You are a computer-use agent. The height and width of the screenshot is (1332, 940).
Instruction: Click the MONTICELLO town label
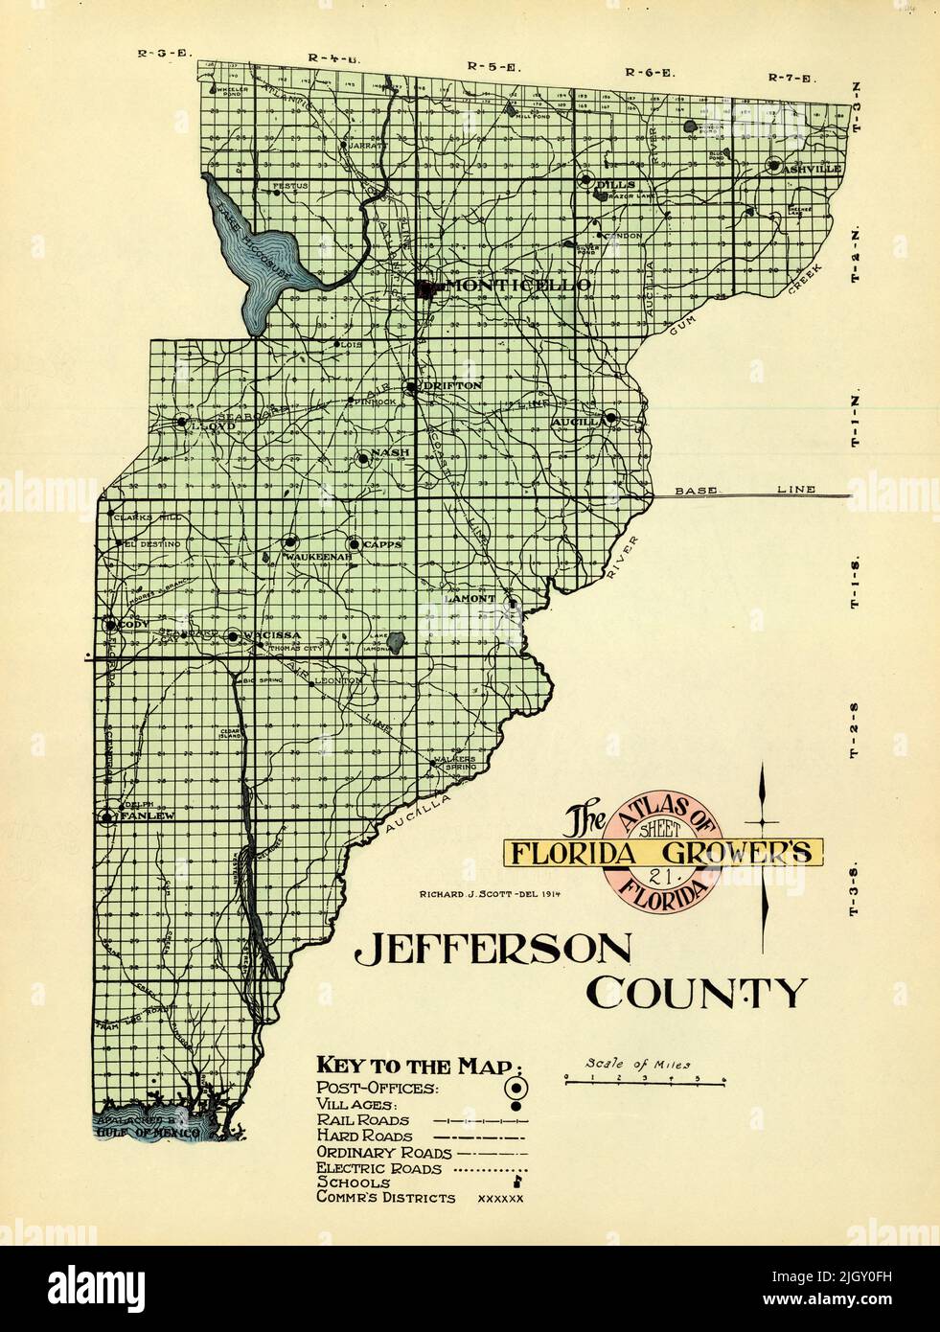click(508, 286)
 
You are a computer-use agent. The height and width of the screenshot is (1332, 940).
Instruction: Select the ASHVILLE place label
click(811, 169)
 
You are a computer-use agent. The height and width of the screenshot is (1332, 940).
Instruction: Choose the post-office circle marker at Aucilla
click(610, 418)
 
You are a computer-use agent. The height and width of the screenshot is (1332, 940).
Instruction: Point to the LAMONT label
click(470, 599)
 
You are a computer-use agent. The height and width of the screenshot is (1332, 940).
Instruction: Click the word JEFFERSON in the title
click(493, 950)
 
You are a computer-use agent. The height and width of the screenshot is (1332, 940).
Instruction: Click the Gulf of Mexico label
click(149, 1133)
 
